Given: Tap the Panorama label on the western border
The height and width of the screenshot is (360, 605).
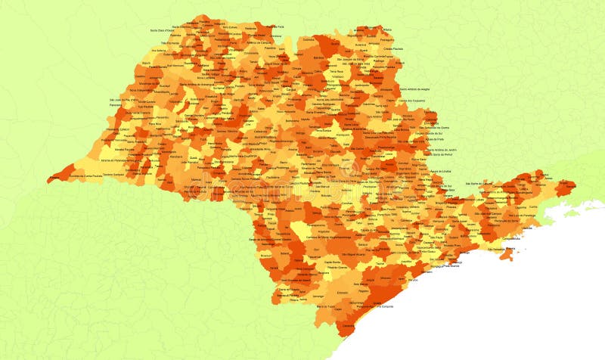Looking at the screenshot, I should tap(115, 104).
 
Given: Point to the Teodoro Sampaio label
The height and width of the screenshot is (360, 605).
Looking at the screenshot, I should tap(113, 175).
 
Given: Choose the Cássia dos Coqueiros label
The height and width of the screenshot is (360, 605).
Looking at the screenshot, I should tap(411, 100).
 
